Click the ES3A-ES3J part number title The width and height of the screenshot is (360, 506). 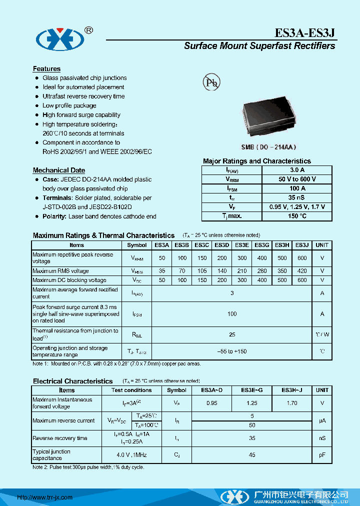pyautogui.click(x=304, y=33)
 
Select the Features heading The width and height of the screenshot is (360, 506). pyautogui.click(x=46, y=69)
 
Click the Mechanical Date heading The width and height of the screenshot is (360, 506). pyautogui.click(x=58, y=170)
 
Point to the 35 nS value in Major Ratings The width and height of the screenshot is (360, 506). pyautogui.click(x=297, y=197)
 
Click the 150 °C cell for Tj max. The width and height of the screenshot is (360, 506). pyautogui.click(x=297, y=216)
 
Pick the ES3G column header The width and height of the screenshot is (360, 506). pyautogui.click(x=262, y=245)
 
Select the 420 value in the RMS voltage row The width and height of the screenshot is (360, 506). pyautogui.click(x=302, y=271)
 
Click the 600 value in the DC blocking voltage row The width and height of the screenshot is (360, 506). pyautogui.click(x=302, y=280)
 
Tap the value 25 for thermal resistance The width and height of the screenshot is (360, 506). pyautogui.click(x=232, y=334)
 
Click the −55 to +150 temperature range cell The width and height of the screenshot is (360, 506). pyautogui.click(x=232, y=351)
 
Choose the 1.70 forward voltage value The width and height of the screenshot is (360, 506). pyautogui.click(x=292, y=403)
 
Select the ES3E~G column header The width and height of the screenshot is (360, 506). pyautogui.click(x=252, y=390)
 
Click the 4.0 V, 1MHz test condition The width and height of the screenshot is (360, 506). pyautogui.click(x=131, y=455)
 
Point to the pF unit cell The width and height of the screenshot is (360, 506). pyautogui.click(x=322, y=455)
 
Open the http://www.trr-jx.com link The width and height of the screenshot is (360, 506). pyautogui.click(x=45, y=497)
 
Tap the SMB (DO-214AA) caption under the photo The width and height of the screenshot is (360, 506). pyautogui.click(x=269, y=147)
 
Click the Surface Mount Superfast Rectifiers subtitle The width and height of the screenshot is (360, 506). pyautogui.click(x=259, y=46)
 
